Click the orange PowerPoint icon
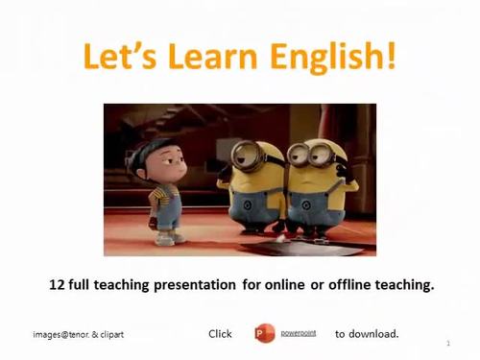265,333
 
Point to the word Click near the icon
220,334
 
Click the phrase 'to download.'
367,334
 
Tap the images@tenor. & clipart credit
78,335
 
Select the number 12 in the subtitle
57,284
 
